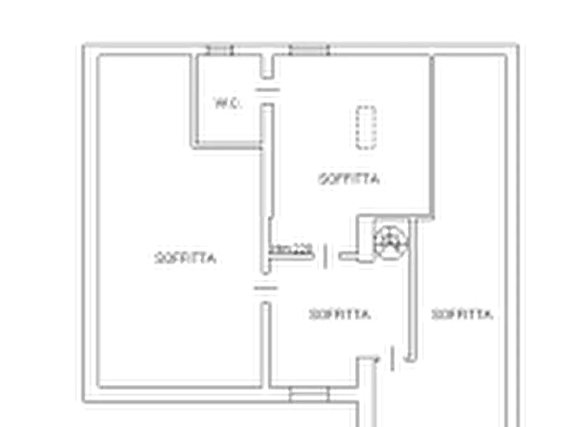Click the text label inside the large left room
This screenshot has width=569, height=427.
[x=184, y=259]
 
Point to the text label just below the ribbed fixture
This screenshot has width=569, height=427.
[x=349, y=178]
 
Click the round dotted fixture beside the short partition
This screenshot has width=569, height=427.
[x=389, y=244]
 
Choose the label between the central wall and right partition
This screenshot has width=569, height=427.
[x=340, y=313]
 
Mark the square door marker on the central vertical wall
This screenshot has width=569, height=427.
[x=263, y=290]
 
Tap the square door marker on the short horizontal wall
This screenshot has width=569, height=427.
[x=327, y=258]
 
